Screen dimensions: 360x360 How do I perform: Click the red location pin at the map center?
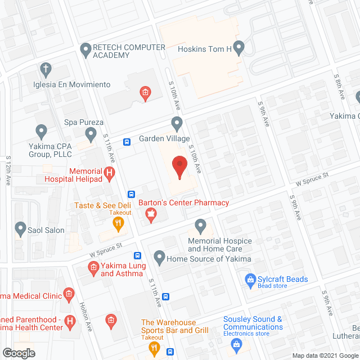[179, 167]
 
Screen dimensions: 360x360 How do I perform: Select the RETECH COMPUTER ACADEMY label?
[129, 51]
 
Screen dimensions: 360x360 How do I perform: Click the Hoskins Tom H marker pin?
[238, 48]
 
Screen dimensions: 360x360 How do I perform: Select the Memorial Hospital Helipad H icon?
[110, 173]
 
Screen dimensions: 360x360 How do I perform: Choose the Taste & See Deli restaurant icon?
[118, 223]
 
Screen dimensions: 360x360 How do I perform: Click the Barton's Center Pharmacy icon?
[151, 214]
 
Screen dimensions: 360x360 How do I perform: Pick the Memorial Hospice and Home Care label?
[219, 245]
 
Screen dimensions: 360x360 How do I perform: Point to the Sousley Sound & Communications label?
[253, 323]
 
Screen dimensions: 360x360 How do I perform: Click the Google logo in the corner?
[18, 353]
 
